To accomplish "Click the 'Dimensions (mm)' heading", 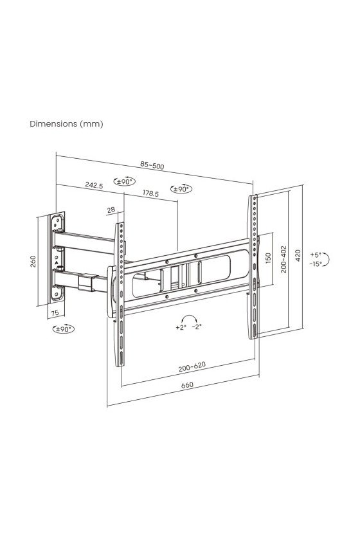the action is coord(66,123).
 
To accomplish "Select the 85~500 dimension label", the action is coord(152,165).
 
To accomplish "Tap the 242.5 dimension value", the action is coord(94,185).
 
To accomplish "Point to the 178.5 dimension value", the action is coord(151,193).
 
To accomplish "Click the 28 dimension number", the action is coord(111,210).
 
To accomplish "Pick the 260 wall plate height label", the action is coord(33,261).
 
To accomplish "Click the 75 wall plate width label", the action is coord(55,313).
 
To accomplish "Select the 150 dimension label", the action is coord(268,258).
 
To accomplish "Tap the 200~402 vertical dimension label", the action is coord(283,259).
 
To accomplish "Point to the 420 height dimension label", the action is coord(298,256).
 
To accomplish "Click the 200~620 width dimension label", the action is coord(192,367).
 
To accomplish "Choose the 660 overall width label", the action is coord(187,385).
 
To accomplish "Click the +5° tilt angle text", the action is coord(315,255).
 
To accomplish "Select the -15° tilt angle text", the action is coord(315,264).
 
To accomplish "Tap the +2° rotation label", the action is coord(181,327).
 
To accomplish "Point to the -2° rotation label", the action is coord(196,327).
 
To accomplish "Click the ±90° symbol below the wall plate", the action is coord(64,329).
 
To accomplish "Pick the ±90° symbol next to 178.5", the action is coord(181,189).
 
